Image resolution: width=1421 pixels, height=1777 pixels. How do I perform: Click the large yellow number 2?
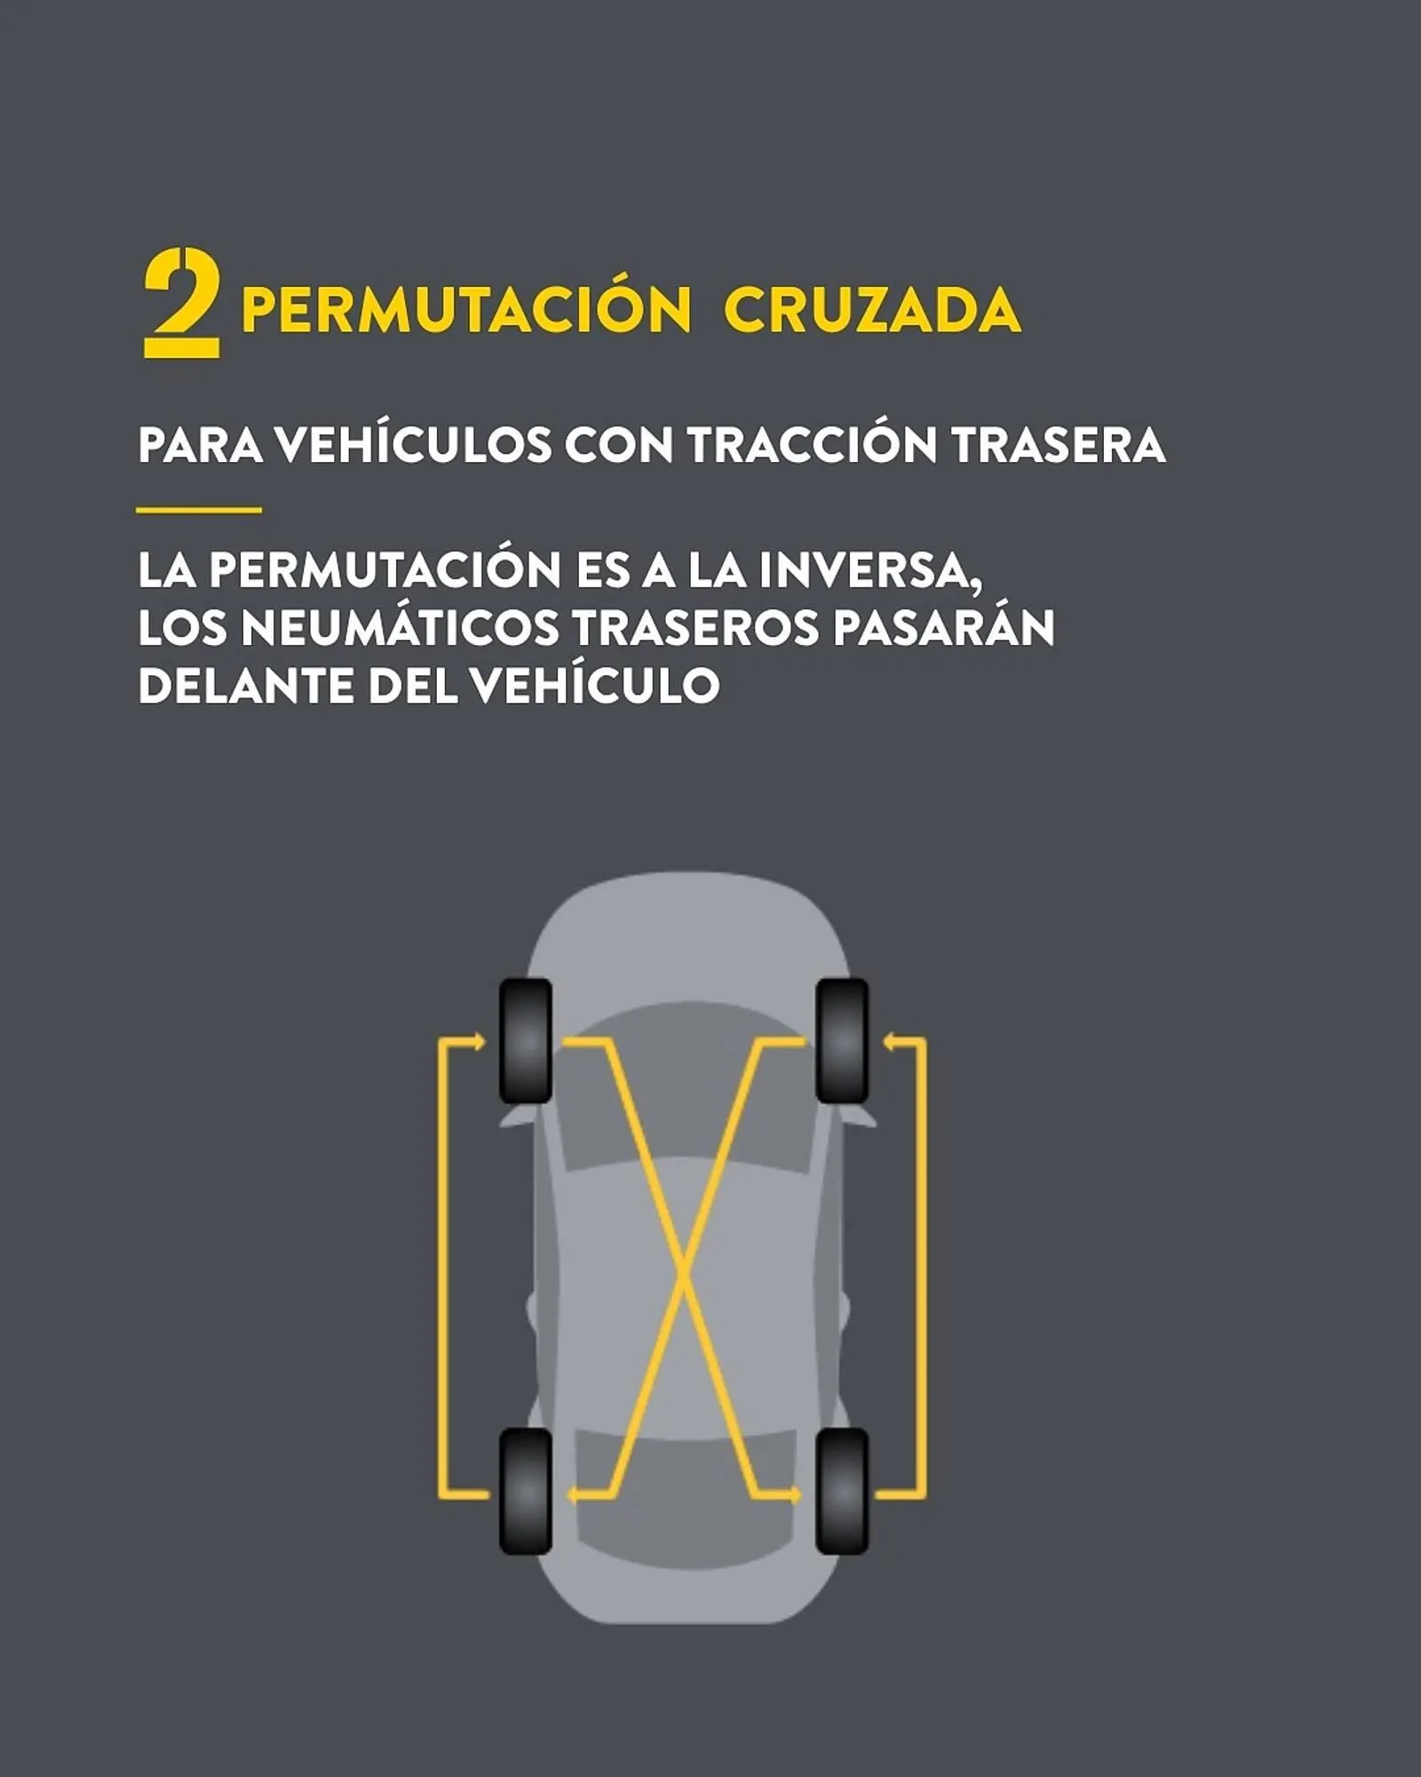pos(181,304)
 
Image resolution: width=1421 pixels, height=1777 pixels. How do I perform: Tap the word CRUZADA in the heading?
pos(872,310)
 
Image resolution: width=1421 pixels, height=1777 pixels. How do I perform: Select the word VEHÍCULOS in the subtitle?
pos(413,443)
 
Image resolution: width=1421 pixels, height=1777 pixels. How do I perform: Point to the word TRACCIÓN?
pos(813,443)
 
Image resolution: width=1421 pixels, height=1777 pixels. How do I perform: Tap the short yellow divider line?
pos(199,510)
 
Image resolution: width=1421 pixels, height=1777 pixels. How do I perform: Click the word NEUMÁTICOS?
pos(400,626)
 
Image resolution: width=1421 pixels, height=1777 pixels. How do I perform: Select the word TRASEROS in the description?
pos(695,628)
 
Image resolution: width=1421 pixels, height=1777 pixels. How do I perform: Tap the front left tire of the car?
pos(526,1040)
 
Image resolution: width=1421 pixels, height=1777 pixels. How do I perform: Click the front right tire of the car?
pos(842,1040)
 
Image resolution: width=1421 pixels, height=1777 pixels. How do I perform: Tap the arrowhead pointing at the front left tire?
pos(480,1040)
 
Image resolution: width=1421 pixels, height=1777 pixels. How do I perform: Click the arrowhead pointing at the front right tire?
pos(887,1040)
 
